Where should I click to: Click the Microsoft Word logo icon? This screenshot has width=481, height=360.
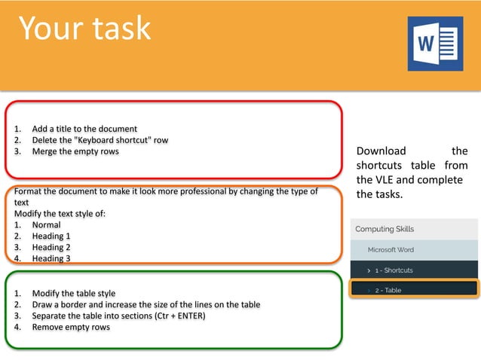(435, 44)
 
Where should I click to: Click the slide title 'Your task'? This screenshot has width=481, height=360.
(84, 29)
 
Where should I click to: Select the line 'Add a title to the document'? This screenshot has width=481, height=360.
(84, 129)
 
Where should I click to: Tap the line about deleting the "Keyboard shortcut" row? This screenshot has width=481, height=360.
(100, 140)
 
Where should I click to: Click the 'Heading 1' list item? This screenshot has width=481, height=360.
(51, 236)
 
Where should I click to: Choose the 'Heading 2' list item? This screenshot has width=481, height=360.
(51, 247)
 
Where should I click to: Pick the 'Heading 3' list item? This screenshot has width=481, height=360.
(51, 258)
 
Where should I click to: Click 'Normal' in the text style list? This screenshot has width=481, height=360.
(46, 224)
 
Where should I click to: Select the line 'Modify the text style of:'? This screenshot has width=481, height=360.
(60, 213)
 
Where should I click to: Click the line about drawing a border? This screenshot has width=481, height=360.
(146, 304)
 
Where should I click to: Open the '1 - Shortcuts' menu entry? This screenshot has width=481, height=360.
(394, 270)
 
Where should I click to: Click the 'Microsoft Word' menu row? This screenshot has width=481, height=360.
(391, 249)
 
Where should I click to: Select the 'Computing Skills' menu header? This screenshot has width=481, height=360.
(384, 229)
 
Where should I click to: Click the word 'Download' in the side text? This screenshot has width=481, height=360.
(381, 151)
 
